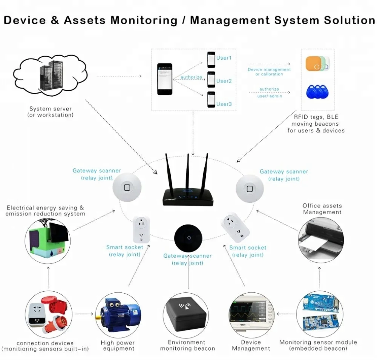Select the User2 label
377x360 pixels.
(x=224, y=81)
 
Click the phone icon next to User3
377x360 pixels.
(x=211, y=100)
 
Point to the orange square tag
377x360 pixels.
(x=314, y=64)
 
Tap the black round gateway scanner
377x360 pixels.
(x=188, y=238)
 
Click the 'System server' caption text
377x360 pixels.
(x=50, y=109)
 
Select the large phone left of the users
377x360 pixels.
(x=165, y=79)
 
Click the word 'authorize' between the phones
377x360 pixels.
(x=191, y=77)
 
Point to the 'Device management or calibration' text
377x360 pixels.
(x=269, y=72)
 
